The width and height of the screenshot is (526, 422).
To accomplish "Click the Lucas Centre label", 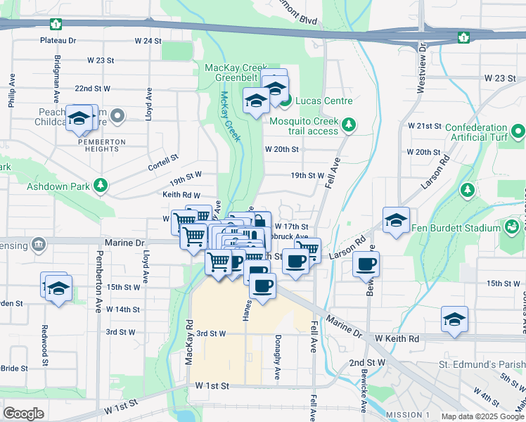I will point(323,101).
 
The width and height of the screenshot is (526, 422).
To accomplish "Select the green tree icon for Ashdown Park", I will point(101,186).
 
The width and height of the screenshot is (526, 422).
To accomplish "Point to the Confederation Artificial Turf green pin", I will point(518,132).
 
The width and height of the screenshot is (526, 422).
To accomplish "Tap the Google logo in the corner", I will point(23,414).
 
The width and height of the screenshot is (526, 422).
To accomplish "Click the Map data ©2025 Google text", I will point(482,416).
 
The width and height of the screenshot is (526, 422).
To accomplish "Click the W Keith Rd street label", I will point(397,338).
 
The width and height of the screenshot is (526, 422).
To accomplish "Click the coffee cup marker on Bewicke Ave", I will point(366,264).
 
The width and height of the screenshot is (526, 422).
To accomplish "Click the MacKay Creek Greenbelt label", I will point(237,72).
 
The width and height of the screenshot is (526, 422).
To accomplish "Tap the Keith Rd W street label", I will point(181,195).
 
